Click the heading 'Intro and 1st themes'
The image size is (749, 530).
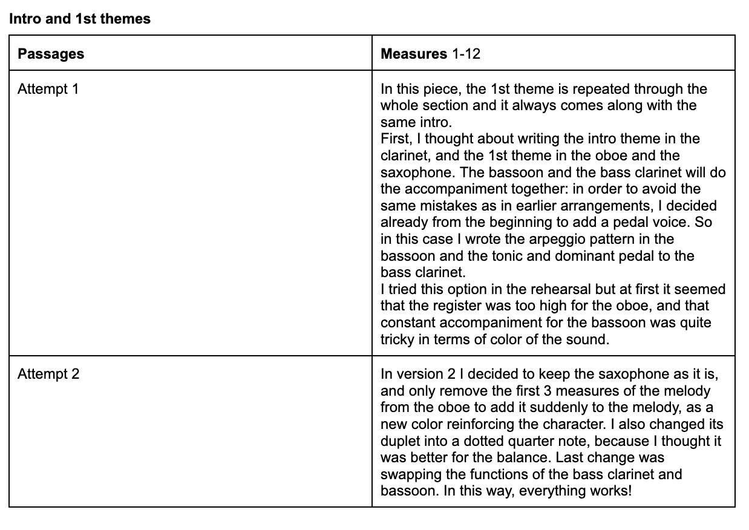[80, 19]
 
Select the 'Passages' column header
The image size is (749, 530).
[51, 54]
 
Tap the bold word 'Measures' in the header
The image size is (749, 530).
[414, 54]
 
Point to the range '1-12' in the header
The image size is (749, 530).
[466, 54]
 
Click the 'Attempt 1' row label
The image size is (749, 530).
[48, 89]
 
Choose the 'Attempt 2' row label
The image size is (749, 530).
[48, 374]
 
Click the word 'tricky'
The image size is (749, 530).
[397, 339]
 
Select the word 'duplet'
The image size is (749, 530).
[401, 441]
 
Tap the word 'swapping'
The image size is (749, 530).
[407, 474]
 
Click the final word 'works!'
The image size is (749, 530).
[612, 490]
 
